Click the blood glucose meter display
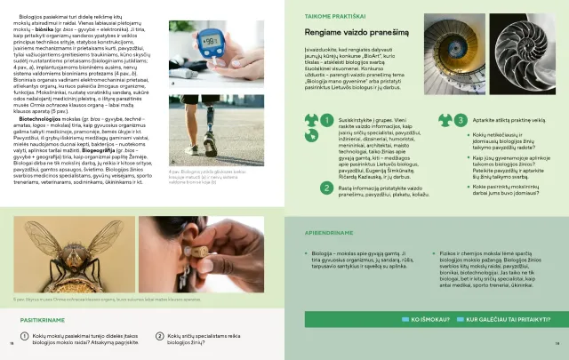(210, 42)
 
